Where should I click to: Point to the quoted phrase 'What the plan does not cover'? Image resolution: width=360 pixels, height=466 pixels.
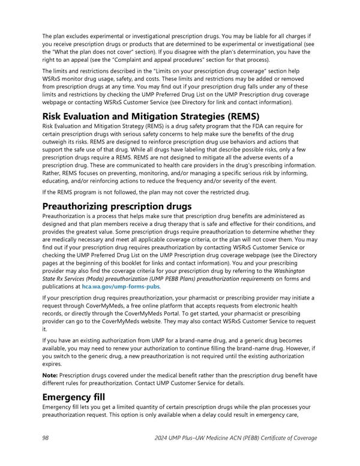92,50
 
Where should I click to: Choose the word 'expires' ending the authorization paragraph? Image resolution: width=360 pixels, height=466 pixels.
53,364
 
